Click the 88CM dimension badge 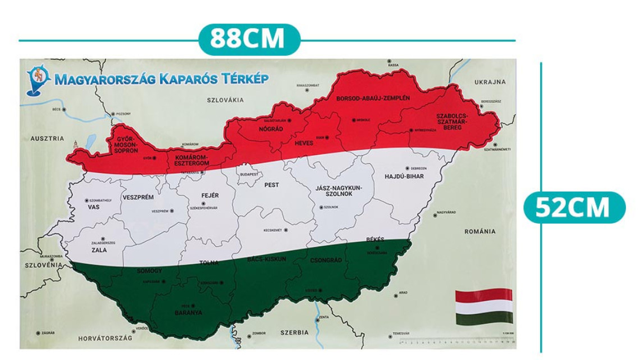(x=248, y=39)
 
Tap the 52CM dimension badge (x=573, y=207)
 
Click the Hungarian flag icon (x=483, y=307)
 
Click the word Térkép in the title (x=243, y=79)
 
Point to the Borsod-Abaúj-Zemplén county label (x=373, y=98)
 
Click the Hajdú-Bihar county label (x=404, y=176)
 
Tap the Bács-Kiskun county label (x=267, y=259)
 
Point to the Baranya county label (x=188, y=312)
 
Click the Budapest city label (x=249, y=174)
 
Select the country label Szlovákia (x=225, y=100)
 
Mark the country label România (x=480, y=231)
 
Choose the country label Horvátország (x=105, y=338)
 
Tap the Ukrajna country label (x=490, y=82)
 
